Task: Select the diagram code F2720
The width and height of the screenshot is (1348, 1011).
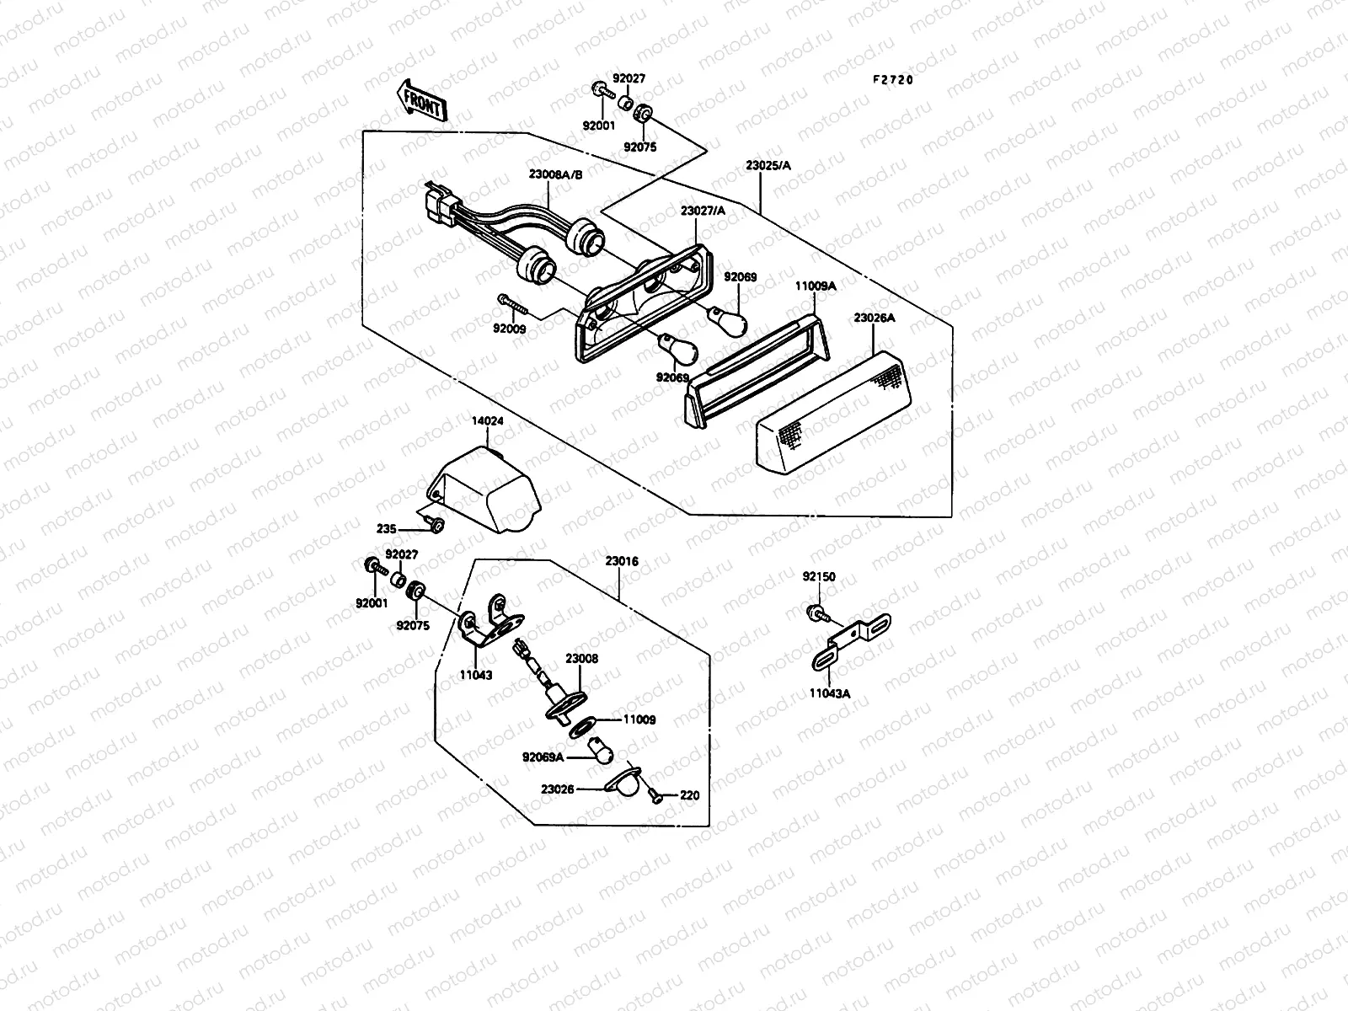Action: tap(892, 80)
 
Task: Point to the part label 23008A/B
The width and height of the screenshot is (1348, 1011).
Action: tap(552, 174)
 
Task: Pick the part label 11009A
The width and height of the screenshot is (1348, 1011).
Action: tap(815, 286)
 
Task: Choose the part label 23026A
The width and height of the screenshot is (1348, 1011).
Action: tap(874, 318)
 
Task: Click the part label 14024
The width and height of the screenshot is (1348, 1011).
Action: tap(485, 419)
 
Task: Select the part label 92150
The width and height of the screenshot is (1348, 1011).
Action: tap(819, 577)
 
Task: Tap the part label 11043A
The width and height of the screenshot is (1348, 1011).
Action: tap(829, 693)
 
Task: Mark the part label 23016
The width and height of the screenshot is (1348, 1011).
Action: tap(621, 560)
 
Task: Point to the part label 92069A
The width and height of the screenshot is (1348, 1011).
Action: tap(543, 757)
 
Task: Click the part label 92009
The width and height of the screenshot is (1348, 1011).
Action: tap(510, 329)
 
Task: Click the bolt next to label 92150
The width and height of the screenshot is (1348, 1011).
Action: tap(815, 611)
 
